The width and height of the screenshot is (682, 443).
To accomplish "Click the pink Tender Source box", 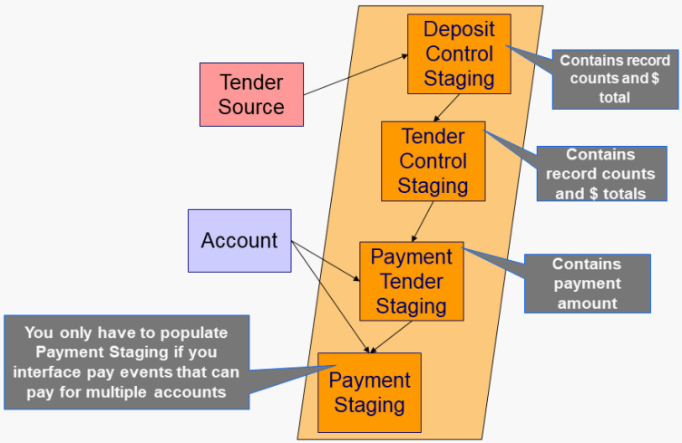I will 251,94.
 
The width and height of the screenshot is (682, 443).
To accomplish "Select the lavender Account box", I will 239,240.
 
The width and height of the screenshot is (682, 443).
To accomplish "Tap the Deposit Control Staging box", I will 459,53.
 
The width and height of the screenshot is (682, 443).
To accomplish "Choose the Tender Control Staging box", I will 433,160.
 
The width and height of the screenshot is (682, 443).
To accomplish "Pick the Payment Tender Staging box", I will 411,280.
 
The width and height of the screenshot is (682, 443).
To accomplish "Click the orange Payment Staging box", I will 369,392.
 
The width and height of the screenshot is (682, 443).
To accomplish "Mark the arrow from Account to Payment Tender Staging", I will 326,261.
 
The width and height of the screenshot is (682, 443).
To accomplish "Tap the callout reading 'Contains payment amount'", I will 587,284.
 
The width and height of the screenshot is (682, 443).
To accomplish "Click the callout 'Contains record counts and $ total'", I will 615,79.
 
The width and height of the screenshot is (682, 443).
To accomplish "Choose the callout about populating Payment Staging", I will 126,361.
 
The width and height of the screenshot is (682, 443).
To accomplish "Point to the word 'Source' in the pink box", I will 251,107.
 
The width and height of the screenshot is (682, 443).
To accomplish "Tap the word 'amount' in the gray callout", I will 587,303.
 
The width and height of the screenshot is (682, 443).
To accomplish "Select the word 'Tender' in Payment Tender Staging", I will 411,280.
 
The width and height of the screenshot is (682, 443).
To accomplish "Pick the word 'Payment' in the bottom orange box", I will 369,380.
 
